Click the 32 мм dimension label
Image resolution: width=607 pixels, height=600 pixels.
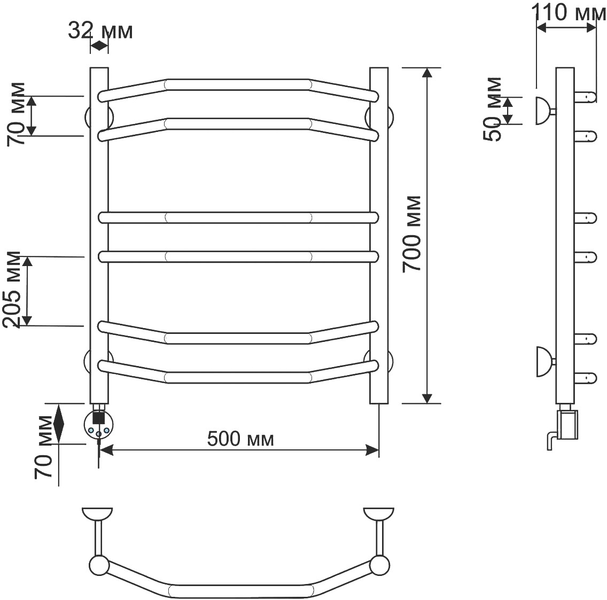point(100,30)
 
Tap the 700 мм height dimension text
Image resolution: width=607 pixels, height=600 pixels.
point(411,234)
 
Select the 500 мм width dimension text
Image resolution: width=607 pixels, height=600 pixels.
point(240,439)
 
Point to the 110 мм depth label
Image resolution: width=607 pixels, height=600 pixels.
point(569,12)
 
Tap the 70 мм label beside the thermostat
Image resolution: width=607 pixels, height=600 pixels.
point(43,448)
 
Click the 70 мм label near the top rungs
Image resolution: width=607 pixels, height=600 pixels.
point(16,114)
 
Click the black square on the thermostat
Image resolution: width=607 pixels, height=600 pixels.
point(99,418)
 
